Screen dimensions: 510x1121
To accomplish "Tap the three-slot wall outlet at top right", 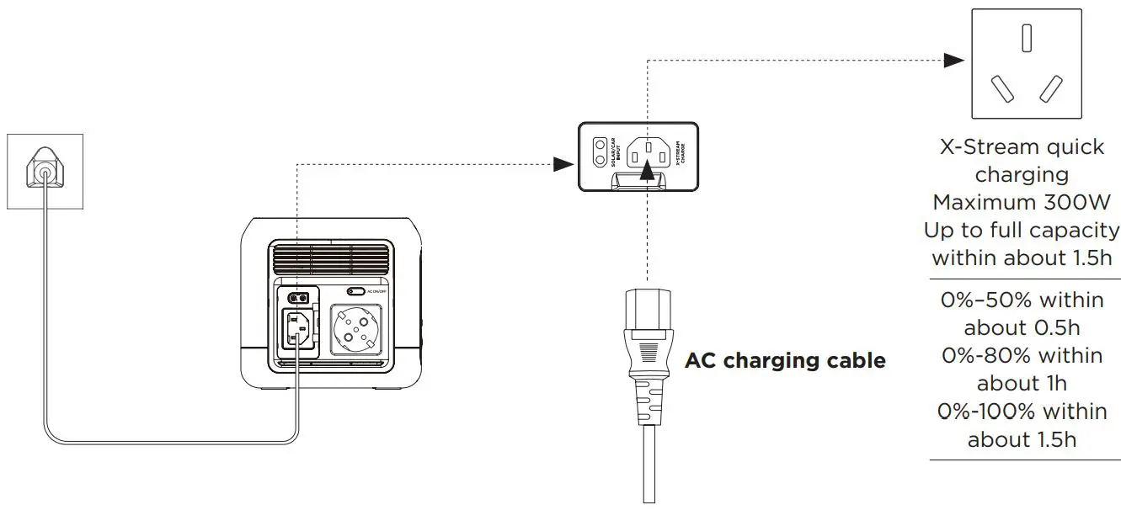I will click(x=1026, y=64).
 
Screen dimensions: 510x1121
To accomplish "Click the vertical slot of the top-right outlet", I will click(x=1026, y=39).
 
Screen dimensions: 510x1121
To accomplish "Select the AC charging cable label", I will click(x=785, y=361).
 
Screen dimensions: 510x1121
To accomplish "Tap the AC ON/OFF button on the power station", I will click(x=356, y=291).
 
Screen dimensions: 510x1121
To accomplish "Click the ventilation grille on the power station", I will click(x=331, y=259).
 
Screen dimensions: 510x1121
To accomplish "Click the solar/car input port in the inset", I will click(x=600, y=151).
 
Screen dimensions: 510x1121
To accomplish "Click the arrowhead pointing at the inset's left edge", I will click(x=563, y=164).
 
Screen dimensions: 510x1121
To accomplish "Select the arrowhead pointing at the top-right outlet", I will click(x=953, y=60).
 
